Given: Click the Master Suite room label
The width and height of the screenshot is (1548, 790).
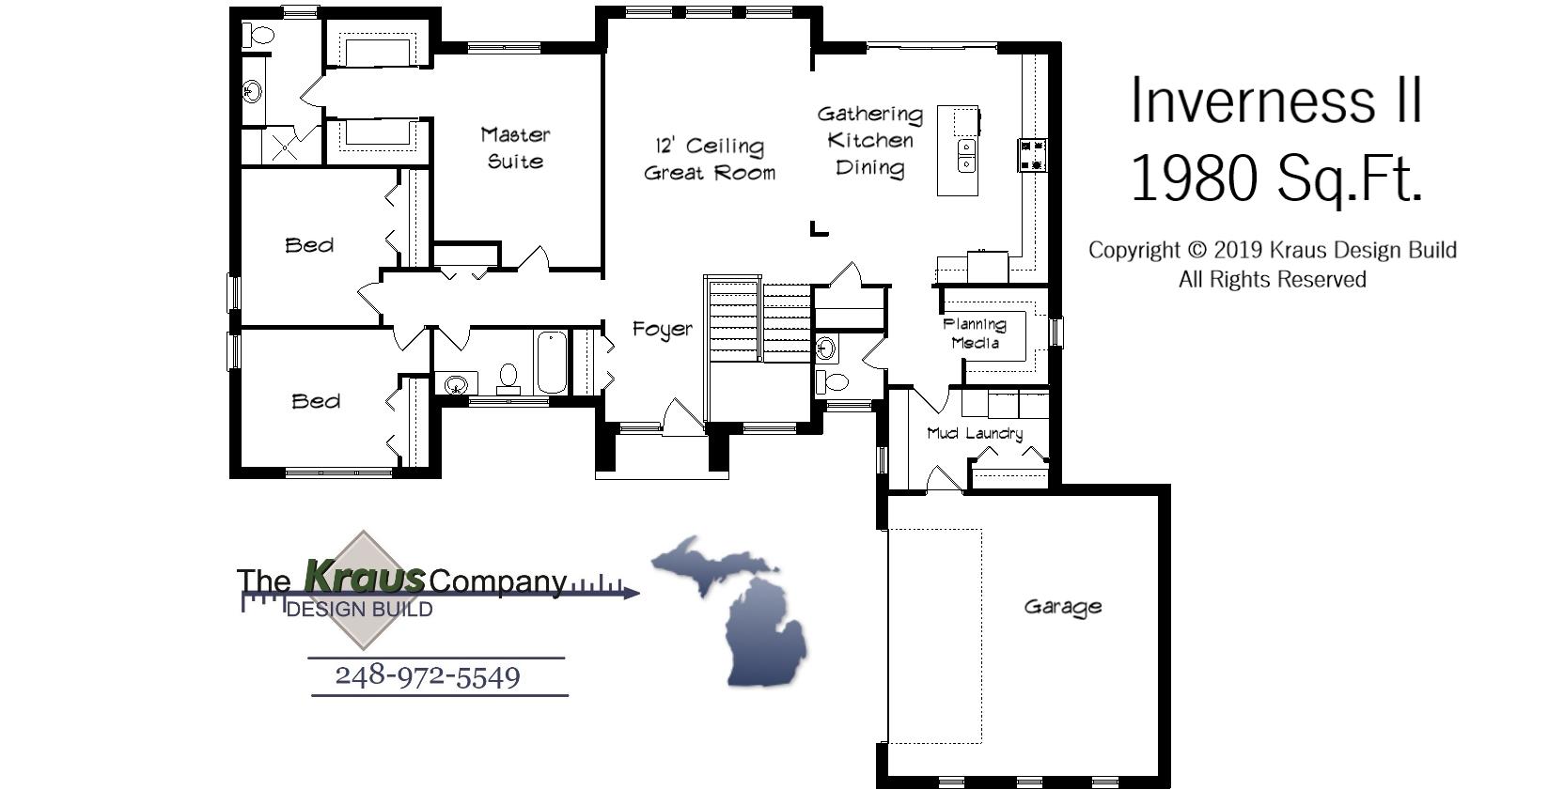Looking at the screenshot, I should pyautogui.click(x=515, y=148).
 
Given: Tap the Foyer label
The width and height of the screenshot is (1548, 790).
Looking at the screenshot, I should pyautogui.click(x=662, y=329).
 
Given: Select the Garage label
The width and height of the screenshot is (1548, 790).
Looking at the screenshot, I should pyautogui.click(x=1062, y=607).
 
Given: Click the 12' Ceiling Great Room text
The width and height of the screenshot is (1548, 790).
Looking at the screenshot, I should pyautogui.click(x=710, y=159).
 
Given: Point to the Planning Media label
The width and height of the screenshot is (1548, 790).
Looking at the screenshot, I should pyautogui.click(x=975, y=333).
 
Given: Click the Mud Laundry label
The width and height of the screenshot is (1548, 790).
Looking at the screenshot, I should pyautogui.click(x=974, y=433).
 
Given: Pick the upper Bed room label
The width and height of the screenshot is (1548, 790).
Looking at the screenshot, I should pyautogui.click(x=309, y=245).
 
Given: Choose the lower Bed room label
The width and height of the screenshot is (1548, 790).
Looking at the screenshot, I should pyautogui.click(x=316, y=401).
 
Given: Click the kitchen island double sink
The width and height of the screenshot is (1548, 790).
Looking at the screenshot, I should pyautogui.click(x=966, y=156).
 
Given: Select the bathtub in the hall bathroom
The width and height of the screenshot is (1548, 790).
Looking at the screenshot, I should pyautogui.click(x=551, y=363).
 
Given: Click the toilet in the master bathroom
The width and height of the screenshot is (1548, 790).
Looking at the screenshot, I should pyautogui.click(x=258, y=37).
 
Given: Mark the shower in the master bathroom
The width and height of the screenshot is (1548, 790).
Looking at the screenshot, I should pyautogui.click(x=283, y=147).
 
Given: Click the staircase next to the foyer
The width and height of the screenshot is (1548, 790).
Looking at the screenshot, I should pyautogui.click(x=758, y=319).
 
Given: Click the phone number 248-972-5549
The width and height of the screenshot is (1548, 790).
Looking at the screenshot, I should pyautogui.click(x=428, y=676).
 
